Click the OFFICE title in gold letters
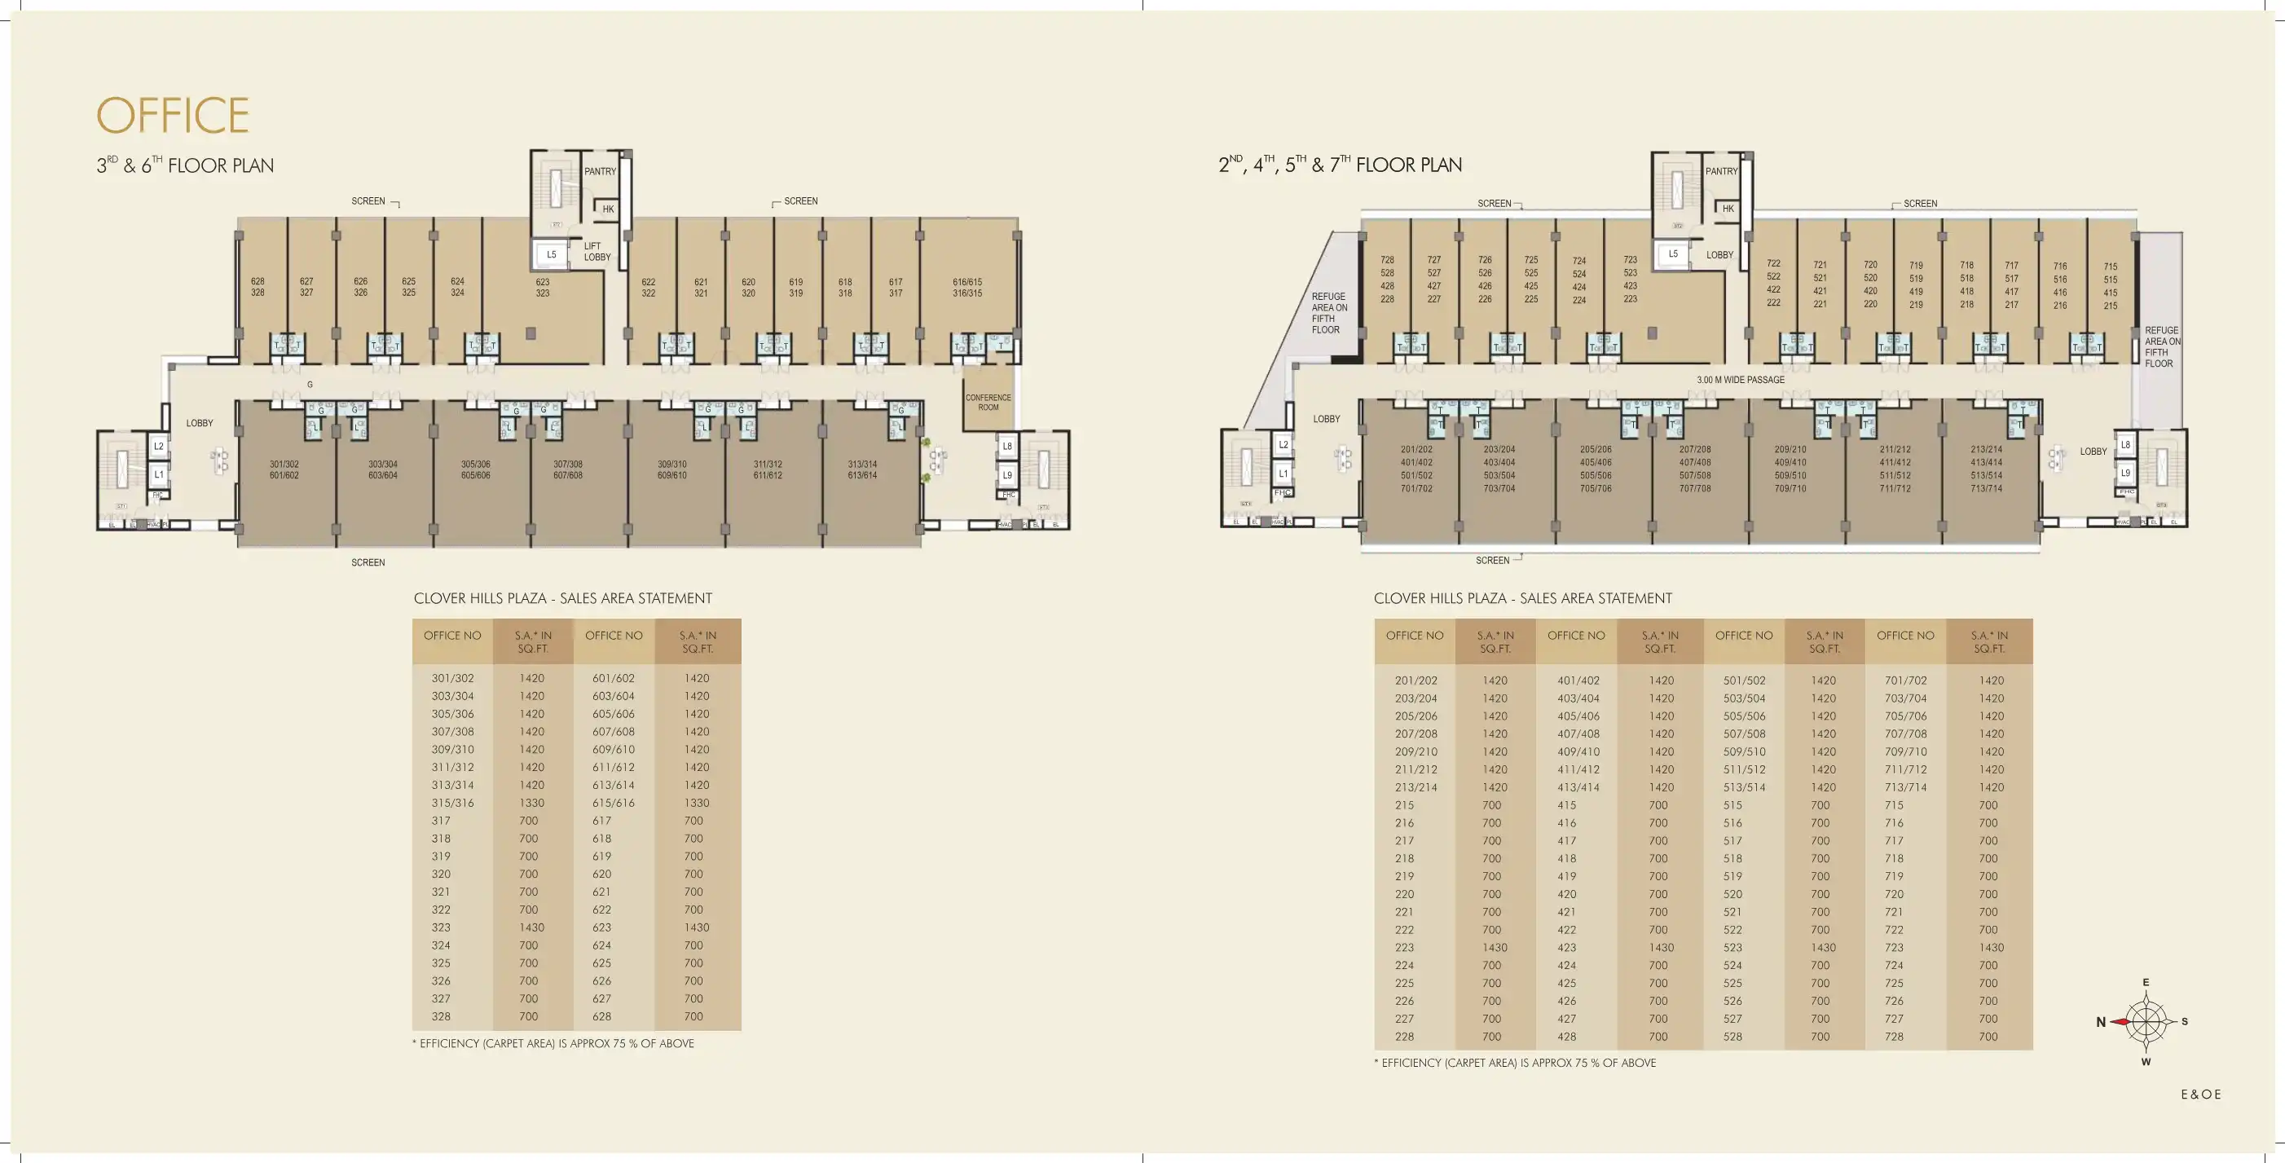[x=173, y=117]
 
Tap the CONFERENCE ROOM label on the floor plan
[x=988, y=403]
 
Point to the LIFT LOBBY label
[x=597, y=252]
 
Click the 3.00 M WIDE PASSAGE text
[x=1741, y=380]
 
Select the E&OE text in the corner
[x=2201, y=1095]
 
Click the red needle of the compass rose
[x=2122, y=1022]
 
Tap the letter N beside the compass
[x=2101, y=1022]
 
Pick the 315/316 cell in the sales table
[x=452, y=803]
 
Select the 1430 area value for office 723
[x=1991, y=947]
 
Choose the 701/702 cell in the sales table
[x=1905, y=681]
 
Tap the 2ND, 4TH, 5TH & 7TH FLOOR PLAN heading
[x=1340, y=165]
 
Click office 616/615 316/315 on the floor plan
[x=966, y=288]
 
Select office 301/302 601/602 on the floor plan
[x=284, y=470]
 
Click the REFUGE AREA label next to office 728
[x=1329, y=313]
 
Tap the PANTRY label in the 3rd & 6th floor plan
[x=600, y=171]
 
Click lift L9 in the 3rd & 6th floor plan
[x=1006, y=474]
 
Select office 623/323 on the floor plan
[x=542, y=288]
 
